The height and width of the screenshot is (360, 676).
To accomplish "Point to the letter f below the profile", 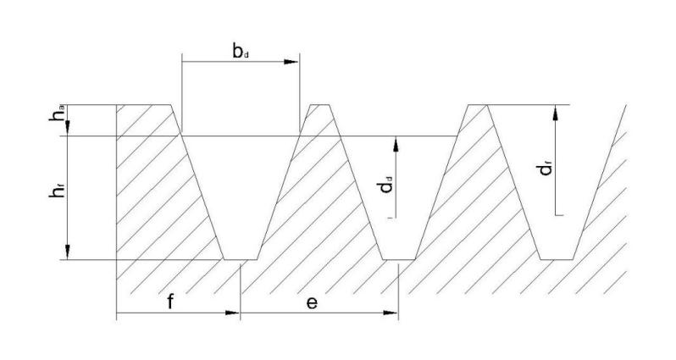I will [x=170, y=302].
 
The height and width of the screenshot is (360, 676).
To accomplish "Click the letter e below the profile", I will [x=311, y=302].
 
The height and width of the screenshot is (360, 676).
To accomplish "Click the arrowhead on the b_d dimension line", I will [x=292, y=62].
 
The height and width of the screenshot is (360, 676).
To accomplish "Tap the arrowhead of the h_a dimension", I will [x=66, y=130].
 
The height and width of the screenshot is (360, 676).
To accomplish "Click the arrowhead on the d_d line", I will [x=394, y=141].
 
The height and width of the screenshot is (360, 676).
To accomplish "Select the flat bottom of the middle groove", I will [x=398, y=259].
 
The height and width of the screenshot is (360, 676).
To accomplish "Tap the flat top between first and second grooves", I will [x=321, y=105].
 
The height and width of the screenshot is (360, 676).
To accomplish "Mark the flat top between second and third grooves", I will [x=478, y=105].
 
